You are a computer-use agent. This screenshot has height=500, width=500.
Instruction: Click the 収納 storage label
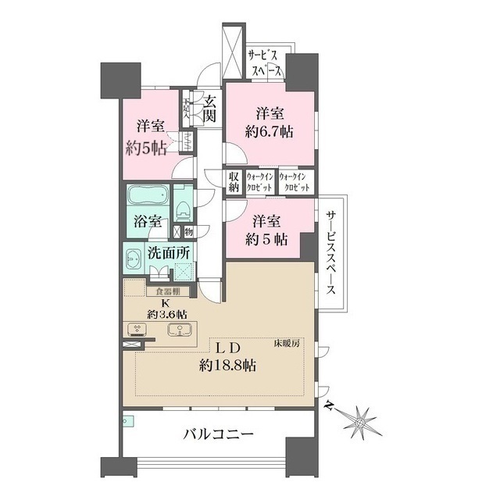234,182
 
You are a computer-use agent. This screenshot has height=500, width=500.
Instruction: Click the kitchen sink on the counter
180,329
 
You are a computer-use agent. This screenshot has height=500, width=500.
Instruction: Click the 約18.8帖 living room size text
229,364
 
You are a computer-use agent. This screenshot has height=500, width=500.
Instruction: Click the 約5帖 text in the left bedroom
146,148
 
